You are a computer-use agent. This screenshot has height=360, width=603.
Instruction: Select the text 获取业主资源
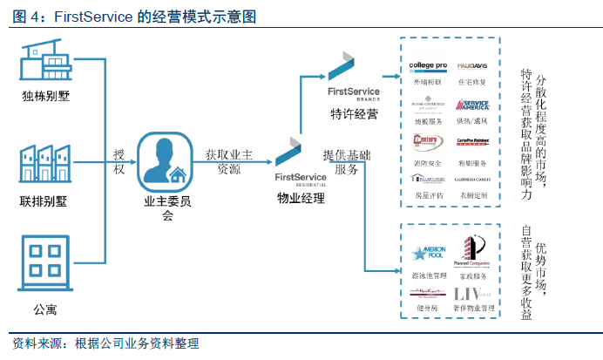point(229,162)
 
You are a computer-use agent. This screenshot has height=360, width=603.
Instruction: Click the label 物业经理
point(301,199)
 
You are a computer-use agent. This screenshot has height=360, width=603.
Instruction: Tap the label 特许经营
point(355,114)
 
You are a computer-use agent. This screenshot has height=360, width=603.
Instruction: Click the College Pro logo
point(428,66)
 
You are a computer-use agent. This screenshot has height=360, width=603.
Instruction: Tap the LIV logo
point(471,295)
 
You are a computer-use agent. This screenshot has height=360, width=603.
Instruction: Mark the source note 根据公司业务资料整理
point(138,343)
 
